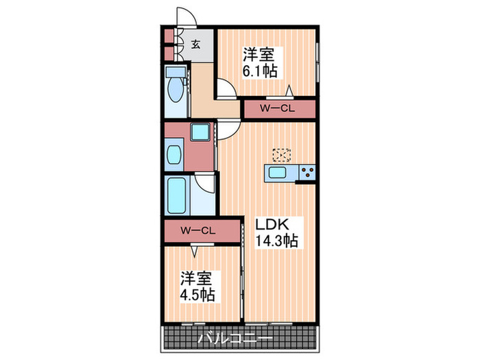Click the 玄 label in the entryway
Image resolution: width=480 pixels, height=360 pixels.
[195, 45]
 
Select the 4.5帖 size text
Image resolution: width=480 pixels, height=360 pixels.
[197, 296]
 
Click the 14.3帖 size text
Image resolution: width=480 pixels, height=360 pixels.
[277, 241]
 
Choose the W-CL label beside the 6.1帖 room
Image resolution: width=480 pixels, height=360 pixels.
[278, 109]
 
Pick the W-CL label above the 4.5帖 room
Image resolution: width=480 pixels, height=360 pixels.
[198, 230]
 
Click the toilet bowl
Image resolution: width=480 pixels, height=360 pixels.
[176, 93]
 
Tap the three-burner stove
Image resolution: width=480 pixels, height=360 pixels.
[307, 172]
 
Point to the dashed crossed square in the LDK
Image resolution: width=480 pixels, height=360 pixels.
[281, 156]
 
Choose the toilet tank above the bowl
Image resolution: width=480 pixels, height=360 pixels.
[176, 72]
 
